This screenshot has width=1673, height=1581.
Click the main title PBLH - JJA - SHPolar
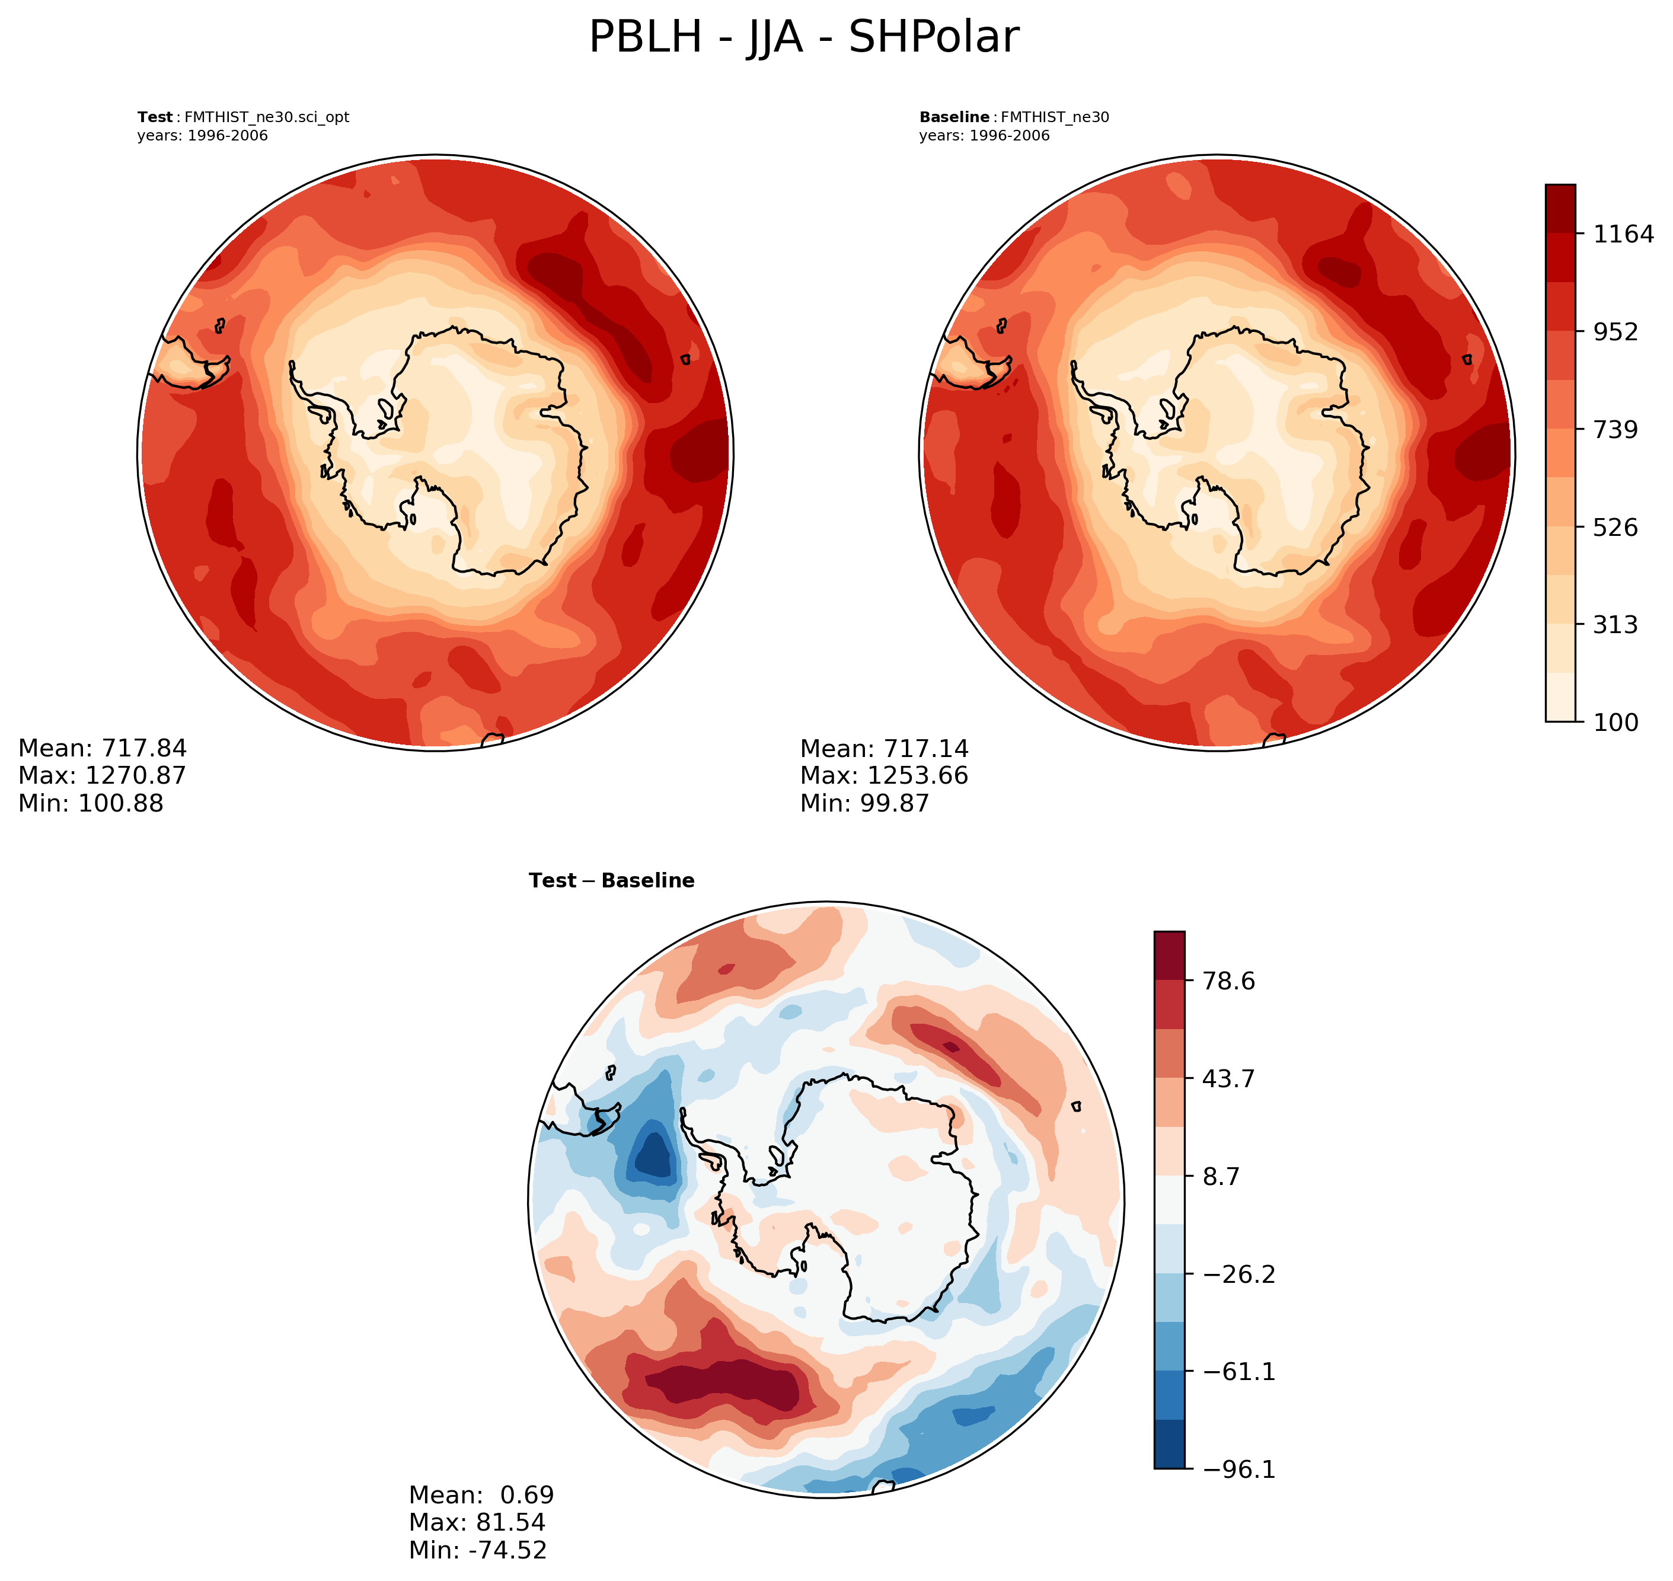[x=803, y=38]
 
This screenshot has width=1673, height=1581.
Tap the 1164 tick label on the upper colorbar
[x=1623, y=234]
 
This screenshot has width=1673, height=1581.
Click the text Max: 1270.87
[x=102, y=775]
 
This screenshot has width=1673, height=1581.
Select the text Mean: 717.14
[x=884, y=748]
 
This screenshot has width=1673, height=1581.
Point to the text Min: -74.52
[x=478, y=1549]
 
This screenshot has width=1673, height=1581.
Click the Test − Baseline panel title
[x=611, y=881]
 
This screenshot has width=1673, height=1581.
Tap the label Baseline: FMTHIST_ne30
[x=1014, y=117]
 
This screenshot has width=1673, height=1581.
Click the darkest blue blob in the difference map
[x=654, y=1156]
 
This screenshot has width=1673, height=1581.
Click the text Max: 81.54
[x=477, y=1522]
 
